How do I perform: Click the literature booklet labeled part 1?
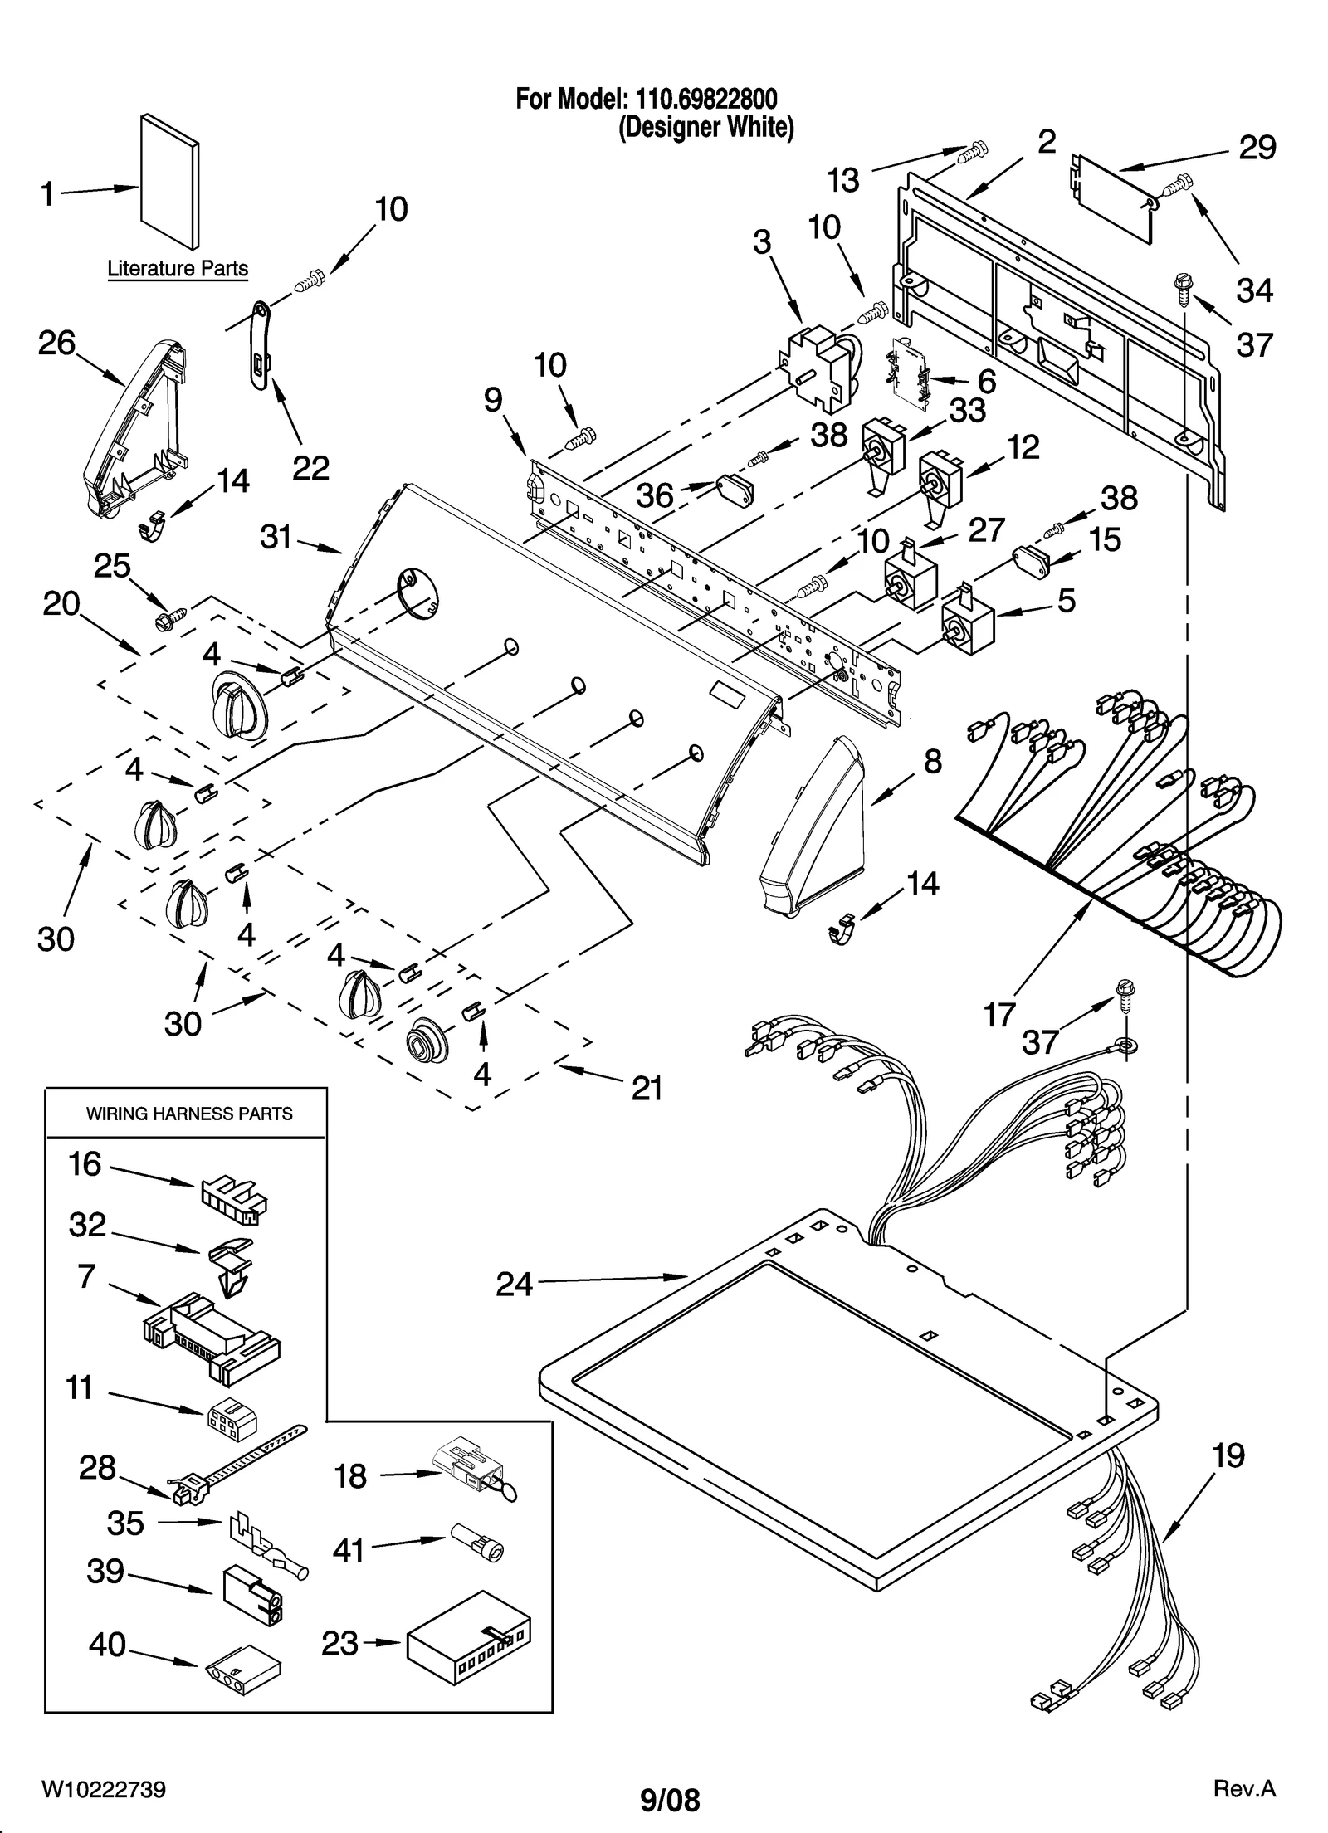[169, 181]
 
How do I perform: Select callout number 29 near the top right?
[1256, 148]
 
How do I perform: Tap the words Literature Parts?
[178, 269]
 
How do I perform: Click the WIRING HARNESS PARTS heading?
[189, 1114]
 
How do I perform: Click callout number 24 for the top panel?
[514, 1285]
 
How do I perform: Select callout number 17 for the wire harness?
[999, 1013]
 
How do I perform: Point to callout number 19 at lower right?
[1228, 1455]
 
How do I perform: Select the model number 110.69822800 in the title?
[706, 100]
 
